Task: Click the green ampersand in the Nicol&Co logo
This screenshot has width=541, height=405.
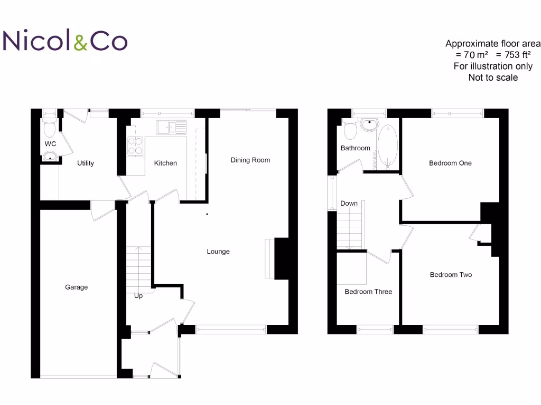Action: tap(81, 42)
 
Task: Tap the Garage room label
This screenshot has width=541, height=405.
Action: tap(76, 287)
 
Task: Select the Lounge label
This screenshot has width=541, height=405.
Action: tap(218, 252)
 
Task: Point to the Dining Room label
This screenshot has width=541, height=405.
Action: tap(250, 160)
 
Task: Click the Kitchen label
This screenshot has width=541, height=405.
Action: tap(165, 163)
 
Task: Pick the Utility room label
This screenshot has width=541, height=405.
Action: tap(86, 163)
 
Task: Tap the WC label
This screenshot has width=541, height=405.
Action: tap(50, 144)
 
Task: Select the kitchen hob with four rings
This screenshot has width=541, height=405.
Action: tap(135, 146)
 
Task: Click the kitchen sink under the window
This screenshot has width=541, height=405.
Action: tap(171, 127)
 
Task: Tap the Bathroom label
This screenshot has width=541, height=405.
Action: tap(355, 148)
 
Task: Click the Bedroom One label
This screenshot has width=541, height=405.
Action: tap(450, 163)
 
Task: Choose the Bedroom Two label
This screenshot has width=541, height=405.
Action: tap(451, 275)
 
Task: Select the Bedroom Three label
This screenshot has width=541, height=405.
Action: tap(368, 292)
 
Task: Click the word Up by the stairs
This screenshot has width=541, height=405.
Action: tap(138, 296)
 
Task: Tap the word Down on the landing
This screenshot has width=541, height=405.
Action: tap(349, 203)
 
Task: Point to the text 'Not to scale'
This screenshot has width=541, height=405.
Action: tap(493, 78)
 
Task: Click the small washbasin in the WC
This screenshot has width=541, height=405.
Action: tap(50, 156)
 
